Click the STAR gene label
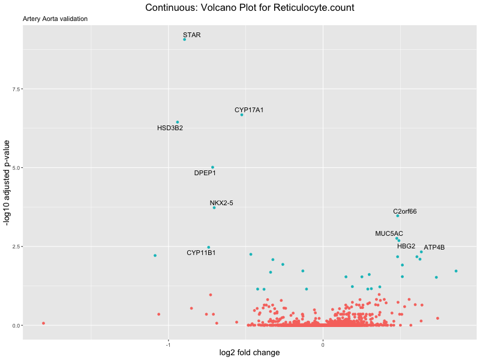(192, 35)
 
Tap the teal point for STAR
(184, 40)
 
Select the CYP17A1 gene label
(249, 110)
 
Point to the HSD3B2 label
(170, 128)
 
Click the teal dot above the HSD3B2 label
(177, 122)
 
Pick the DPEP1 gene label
(205, 173)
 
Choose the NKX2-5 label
(221, 203)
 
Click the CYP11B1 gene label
(201, 253)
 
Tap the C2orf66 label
(405, 211)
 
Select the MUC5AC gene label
(389, 233)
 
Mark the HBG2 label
(406, 246)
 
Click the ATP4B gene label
(434, 248)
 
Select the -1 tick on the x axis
(169, 344)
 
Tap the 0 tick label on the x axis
(323, 344)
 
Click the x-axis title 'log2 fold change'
(250, 353)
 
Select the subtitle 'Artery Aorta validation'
(55, 19)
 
